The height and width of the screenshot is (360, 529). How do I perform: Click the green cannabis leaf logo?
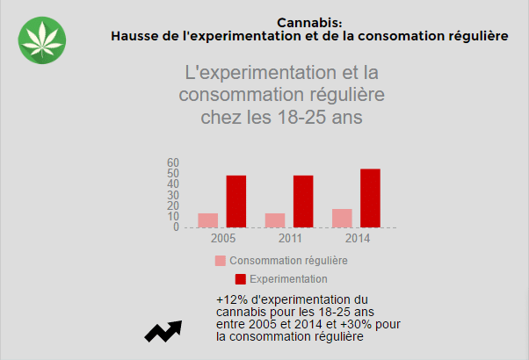(x=41, y=40)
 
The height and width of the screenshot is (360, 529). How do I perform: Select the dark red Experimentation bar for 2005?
(x=236, y=201)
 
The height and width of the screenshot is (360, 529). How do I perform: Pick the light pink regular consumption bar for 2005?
(x=207, y=220)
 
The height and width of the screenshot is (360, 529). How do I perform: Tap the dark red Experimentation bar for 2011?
(x=303, y=201)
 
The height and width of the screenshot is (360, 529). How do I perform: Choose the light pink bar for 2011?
(x=275, y=220)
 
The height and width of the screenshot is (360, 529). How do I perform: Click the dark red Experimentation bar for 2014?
(x=370, y=198)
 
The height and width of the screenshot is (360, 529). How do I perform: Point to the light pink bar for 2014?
(x=342, y=218)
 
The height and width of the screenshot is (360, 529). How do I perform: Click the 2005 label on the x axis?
(x=223, y=238)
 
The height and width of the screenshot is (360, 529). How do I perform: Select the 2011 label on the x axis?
(x=290, y=238)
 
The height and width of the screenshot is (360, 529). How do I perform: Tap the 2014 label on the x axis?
(x=357, y=238)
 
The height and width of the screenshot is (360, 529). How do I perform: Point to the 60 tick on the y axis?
(x=173, y=163)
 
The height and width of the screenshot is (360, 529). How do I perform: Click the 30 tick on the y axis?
(x=173, y=195)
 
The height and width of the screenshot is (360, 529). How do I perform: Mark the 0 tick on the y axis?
(x=176, y=227)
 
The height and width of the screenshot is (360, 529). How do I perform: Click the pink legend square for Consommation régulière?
(x=220, y=261)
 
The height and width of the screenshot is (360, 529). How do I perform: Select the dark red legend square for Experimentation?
(x=240, y=279)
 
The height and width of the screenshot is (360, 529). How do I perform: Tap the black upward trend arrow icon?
(x=163, y=330)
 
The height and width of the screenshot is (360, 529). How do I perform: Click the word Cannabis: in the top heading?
(x=309, y=23)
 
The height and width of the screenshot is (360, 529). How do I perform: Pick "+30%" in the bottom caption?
(x=364, y=324)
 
